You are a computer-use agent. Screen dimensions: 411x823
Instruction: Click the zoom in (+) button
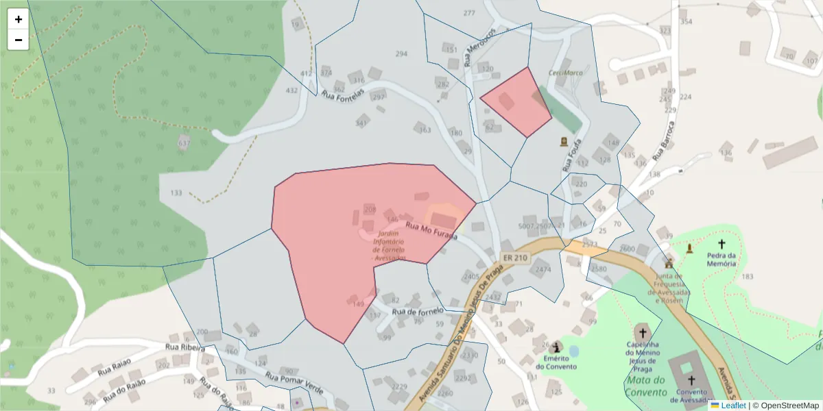point(19,19)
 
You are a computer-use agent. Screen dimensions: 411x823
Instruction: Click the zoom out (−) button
point(19,40)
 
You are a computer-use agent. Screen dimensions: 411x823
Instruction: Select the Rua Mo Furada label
point(431,230)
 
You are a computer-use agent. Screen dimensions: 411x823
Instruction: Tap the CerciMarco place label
point(565,73)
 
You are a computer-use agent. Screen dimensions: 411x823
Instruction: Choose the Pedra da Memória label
point(721,258)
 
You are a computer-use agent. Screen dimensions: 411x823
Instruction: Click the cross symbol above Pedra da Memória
point(721,244)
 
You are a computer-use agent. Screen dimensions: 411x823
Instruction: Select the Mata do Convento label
point(646,386)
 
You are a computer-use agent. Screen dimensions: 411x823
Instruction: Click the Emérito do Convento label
point(556,362)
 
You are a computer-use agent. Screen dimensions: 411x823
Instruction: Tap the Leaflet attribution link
point(733,406)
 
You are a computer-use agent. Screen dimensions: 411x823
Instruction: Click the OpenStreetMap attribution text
point(789,406)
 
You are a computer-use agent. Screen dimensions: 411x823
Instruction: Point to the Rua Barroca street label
point(663,141)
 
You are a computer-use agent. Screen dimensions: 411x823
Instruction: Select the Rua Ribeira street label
point(185,348)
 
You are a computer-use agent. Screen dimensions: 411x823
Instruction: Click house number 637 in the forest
point(184,144)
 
